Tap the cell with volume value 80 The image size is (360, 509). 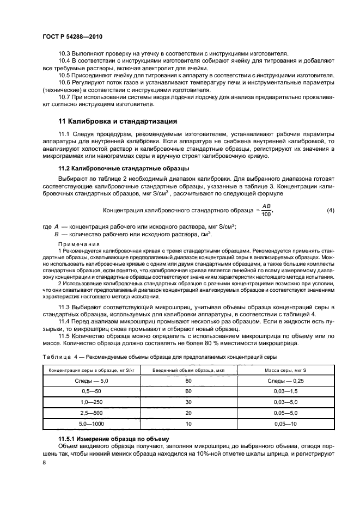coord(188,382)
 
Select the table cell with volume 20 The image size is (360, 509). coord(188,413)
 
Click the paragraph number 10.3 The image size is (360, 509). coord(64,53)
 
